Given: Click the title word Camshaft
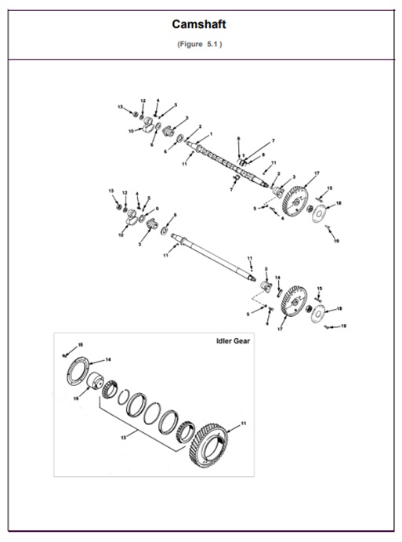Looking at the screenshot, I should coord(200,24).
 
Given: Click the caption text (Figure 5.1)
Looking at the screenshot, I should coord(200,44).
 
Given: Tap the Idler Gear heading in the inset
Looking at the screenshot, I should coord(233,341).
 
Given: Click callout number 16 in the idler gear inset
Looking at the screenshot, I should coord(75,398).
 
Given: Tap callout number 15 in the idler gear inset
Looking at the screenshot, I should coord(79,346).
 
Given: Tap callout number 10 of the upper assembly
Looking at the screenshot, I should coord(131,130).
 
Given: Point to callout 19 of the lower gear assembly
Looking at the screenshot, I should coord(343,326).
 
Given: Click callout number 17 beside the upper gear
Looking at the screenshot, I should coord(317,173).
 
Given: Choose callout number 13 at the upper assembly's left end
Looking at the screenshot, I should coord(120,106).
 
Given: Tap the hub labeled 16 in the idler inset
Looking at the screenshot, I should coord(98,385).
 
